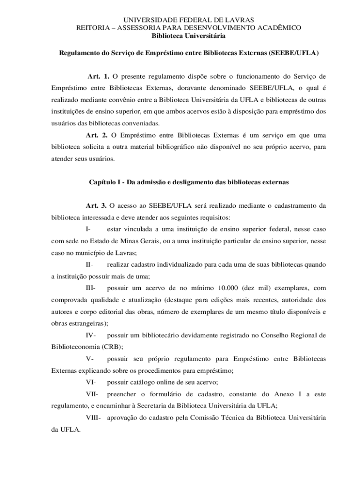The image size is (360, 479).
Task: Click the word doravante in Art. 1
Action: click(184, 87)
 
